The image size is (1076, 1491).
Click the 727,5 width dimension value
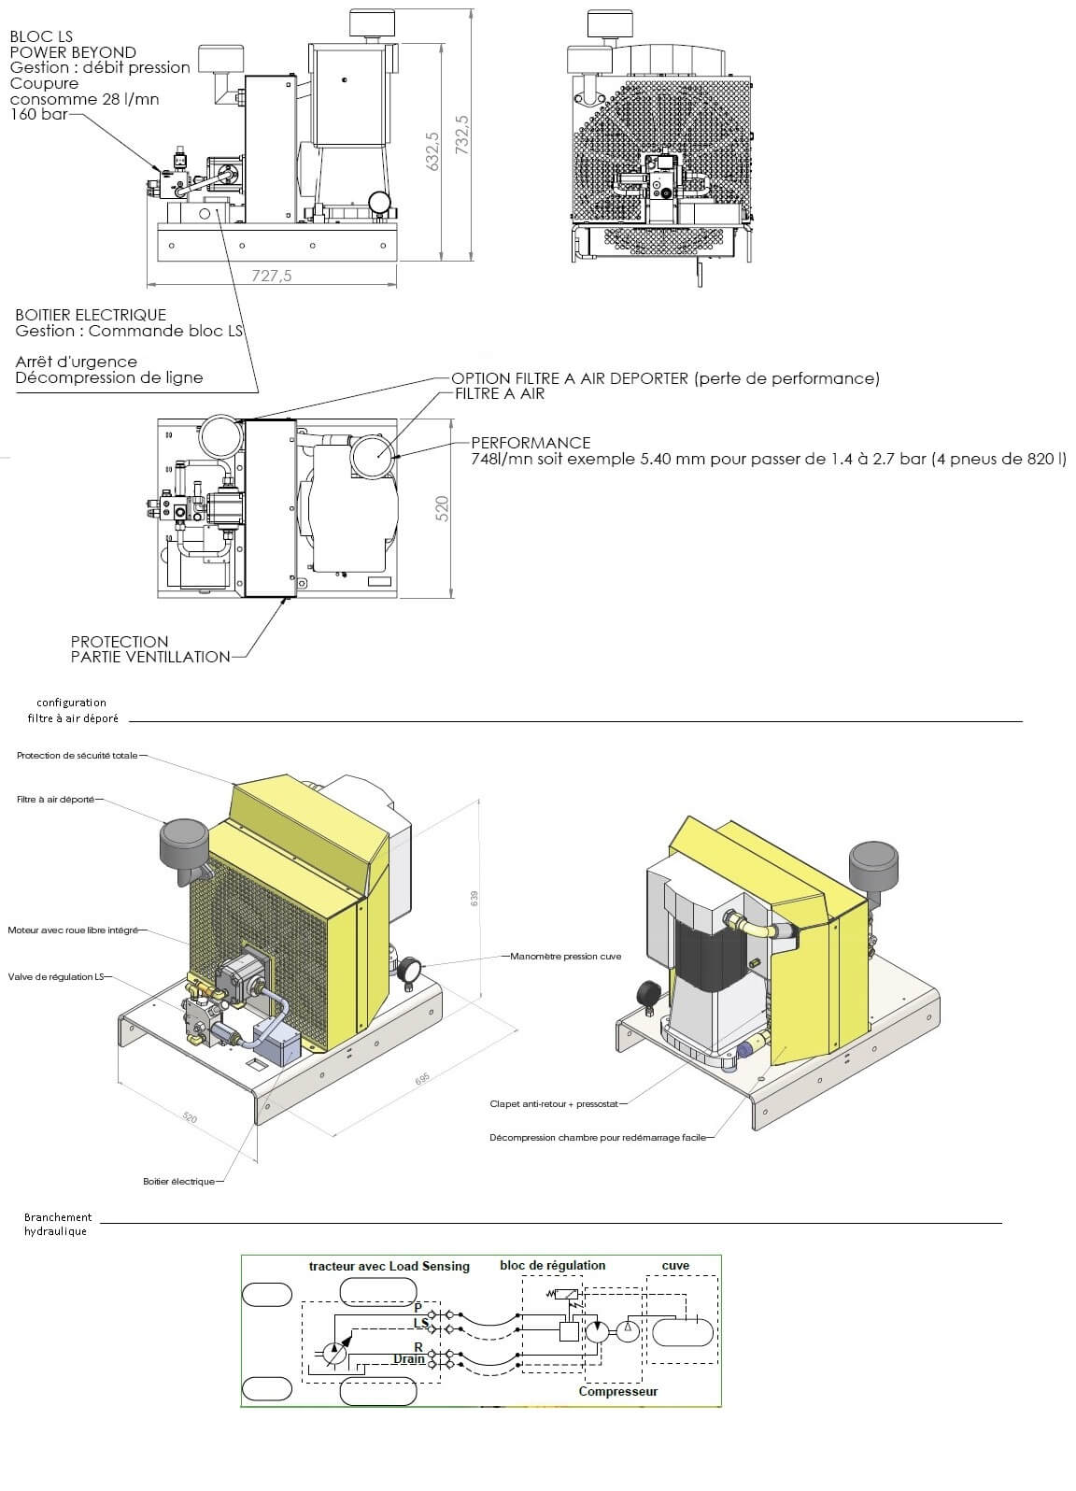[x=272, y=275]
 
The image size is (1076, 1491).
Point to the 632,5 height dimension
[x=432, y=151]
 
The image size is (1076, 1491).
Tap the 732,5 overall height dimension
[x=461, y=135]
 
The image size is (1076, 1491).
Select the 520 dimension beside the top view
[x=442, y=508]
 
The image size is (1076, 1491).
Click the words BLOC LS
[x=41, y=36]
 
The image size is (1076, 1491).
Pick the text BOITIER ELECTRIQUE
[x=91, y=315]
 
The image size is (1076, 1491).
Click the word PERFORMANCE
[x=531, y=443]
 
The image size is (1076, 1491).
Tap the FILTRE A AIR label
[x=500, y=393]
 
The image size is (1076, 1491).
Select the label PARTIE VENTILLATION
[x=150, y=657]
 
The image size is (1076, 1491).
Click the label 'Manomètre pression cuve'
[x=566, y=957]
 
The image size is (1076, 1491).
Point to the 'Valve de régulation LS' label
[x=56, y=977]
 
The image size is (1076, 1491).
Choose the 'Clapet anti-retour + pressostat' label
[x=554, y=1104]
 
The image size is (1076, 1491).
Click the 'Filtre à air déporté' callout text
[x=56, y=800]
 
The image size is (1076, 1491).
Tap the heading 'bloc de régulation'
[x=552, y=1265]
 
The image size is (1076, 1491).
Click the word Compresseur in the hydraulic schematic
[x=617, y=1391]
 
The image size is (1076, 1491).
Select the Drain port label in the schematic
[x=408, y=1358]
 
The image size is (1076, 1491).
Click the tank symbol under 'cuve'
[x=683, y=1332]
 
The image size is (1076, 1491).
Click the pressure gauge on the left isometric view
[x=411, y=969]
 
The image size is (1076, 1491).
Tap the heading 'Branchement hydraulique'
[x=58, y=1224]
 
